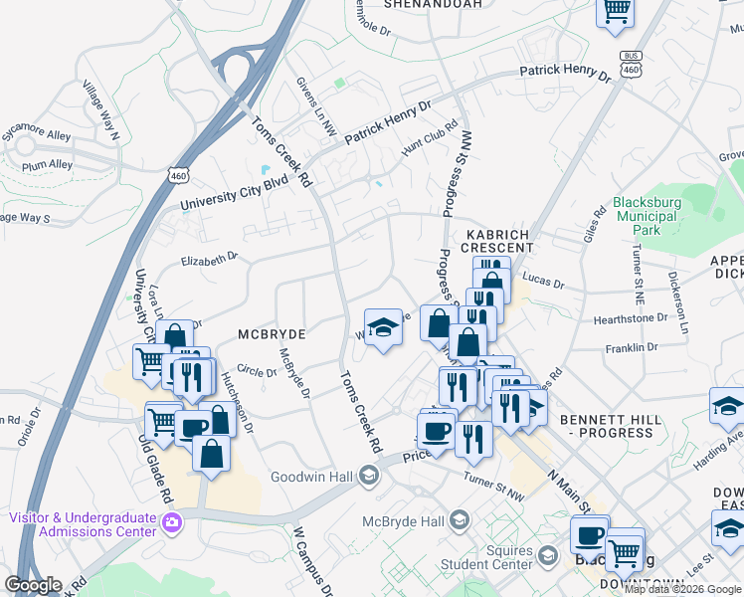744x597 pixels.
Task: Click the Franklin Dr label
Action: [638, 348]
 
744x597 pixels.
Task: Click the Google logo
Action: [33, 585]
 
